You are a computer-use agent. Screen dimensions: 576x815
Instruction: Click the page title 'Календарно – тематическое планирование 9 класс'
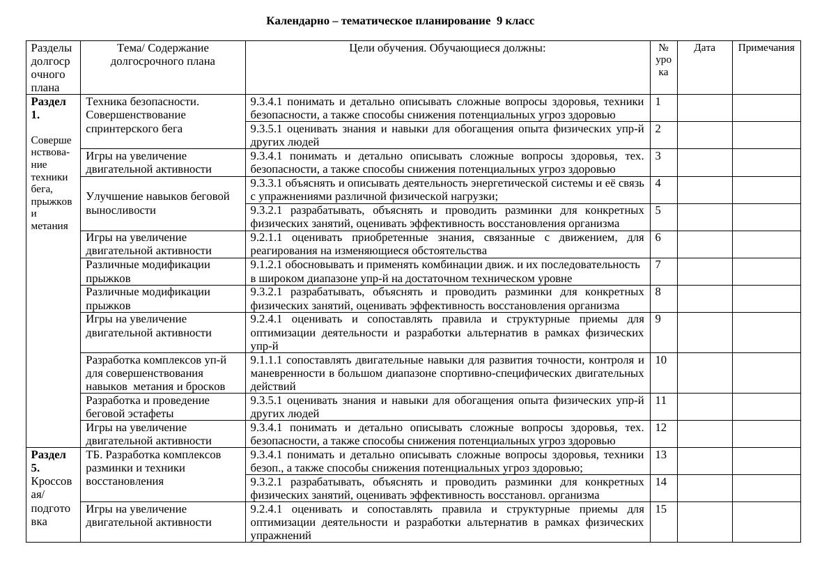(400, 21)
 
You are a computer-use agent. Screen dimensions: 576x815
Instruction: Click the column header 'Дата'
(704, 48)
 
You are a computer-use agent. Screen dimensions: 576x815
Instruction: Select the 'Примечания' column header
(766, 48)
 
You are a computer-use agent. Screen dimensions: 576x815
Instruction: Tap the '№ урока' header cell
(663, 60)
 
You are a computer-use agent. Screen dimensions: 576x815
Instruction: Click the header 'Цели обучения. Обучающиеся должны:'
(447, 48)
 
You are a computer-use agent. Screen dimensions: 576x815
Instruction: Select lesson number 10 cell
(661, 360)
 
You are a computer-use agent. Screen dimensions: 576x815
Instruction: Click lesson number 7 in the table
(658, 265)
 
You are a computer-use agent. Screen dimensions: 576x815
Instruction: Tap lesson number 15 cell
(661, 509)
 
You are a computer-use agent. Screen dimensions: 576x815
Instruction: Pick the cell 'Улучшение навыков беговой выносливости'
(157, 203)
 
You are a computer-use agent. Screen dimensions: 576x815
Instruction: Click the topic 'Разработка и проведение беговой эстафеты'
(148, 407)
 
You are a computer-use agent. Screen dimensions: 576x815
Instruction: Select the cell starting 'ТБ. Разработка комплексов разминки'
(153, 467)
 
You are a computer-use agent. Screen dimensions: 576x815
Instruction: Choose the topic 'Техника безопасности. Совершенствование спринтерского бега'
(143, 115)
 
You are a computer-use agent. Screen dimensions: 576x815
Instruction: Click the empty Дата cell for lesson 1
(704, 108)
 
